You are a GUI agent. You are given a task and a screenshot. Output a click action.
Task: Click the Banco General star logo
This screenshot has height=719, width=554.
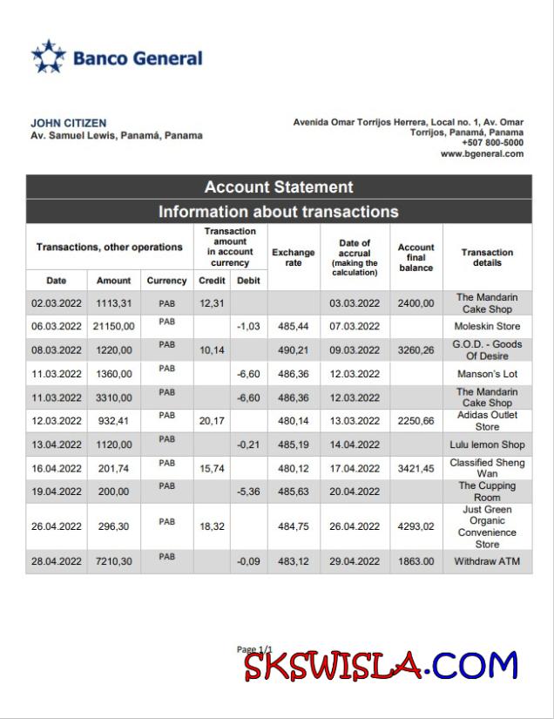(49, 57)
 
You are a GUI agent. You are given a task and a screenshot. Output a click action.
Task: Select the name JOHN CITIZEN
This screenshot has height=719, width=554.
(69, 124)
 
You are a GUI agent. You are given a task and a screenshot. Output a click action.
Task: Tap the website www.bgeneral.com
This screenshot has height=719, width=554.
(482, 154)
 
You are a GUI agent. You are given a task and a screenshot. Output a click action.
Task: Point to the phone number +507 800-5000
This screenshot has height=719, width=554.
(492, 143)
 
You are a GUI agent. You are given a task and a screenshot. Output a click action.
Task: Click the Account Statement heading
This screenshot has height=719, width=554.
(279, 187)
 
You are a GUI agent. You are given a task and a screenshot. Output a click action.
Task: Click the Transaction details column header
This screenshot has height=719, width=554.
(487, 257)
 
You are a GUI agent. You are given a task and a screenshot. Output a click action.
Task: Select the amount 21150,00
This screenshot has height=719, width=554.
(114, 327)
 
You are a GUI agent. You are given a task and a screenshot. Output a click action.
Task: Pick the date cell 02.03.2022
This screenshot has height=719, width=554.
(56, 303)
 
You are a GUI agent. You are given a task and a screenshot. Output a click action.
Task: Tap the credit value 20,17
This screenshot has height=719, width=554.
(212, 421)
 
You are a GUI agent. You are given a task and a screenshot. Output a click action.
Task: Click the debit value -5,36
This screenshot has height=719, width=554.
(248, 492)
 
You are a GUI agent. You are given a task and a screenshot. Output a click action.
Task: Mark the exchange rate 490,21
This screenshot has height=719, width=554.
(294, 350)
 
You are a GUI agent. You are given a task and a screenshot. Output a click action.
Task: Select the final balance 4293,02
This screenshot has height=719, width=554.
(416, 526)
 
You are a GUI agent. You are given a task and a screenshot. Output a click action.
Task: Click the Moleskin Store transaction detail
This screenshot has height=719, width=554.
(487, 327)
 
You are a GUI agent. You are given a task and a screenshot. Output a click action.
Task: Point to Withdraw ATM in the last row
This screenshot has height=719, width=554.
(487, 562)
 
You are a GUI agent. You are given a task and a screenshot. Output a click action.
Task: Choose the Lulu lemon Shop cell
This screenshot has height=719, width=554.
(487, 444)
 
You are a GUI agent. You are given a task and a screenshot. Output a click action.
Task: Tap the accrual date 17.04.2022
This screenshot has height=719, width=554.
(355, 468)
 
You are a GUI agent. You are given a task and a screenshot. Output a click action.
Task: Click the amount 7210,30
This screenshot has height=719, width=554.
(114, 562)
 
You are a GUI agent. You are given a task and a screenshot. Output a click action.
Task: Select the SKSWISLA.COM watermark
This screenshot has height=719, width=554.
(380, 666)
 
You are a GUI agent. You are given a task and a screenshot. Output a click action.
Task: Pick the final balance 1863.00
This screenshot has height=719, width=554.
(416, 562)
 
